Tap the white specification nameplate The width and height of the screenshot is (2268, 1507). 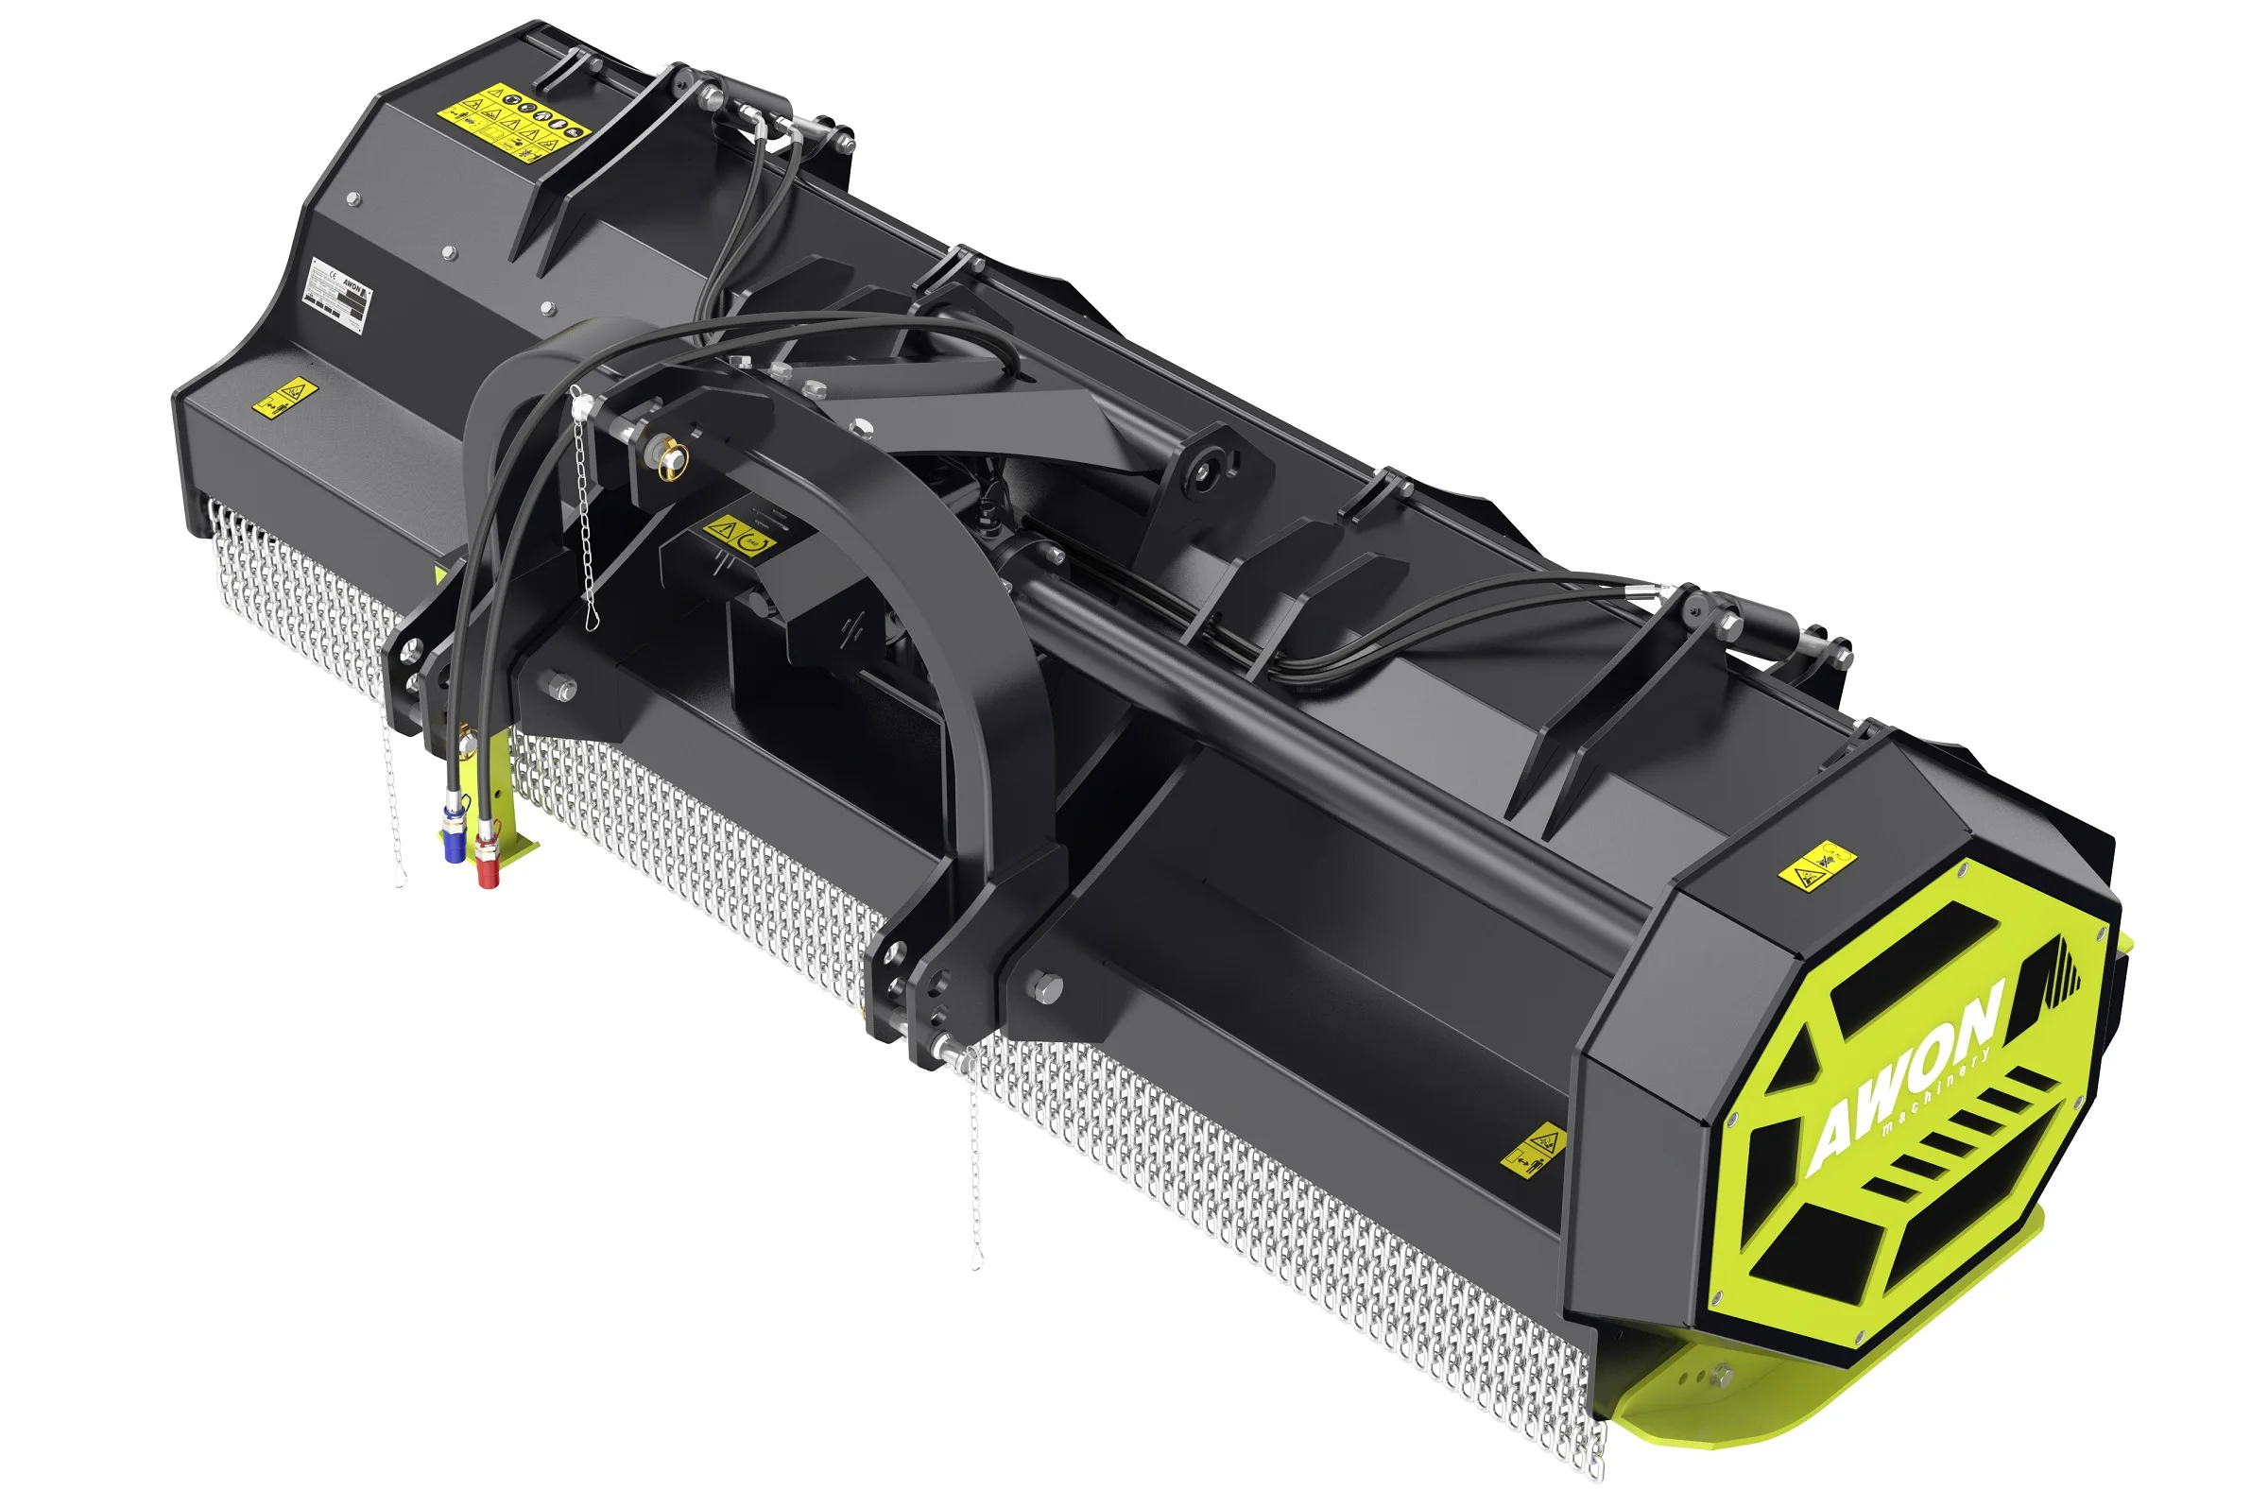337,296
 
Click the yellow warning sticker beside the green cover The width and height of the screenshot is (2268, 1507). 1534,1149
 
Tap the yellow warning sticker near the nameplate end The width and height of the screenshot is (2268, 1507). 284,396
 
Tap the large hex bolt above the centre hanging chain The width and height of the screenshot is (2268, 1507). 1046,986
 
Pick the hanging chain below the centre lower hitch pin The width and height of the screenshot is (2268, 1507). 975,1163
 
